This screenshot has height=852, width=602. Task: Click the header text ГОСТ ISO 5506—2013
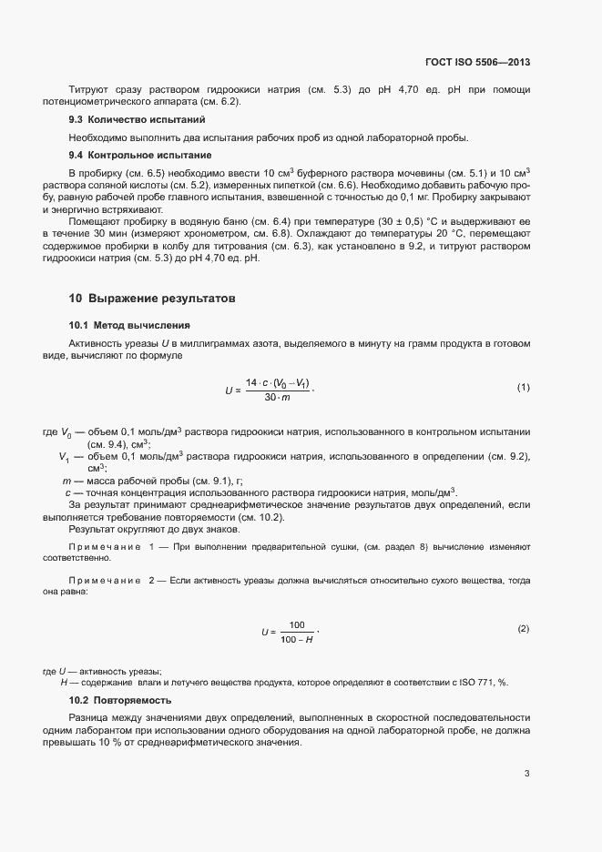point(477,63)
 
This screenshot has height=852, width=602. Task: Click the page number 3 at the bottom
point(526,775)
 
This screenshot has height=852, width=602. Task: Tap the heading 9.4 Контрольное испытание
point(128,155)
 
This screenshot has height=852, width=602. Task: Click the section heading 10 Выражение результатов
point(152,298)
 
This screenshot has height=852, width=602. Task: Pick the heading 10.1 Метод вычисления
point(129,325)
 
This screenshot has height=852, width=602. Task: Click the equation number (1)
point(524,388)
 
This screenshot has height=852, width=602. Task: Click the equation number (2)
point(524,629)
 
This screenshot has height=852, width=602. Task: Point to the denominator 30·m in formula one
point(277,398)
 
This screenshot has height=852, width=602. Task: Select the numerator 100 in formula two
point(296,624)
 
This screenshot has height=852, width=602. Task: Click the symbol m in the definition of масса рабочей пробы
point(66,481)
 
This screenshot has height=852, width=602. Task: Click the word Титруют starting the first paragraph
point(88,90)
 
